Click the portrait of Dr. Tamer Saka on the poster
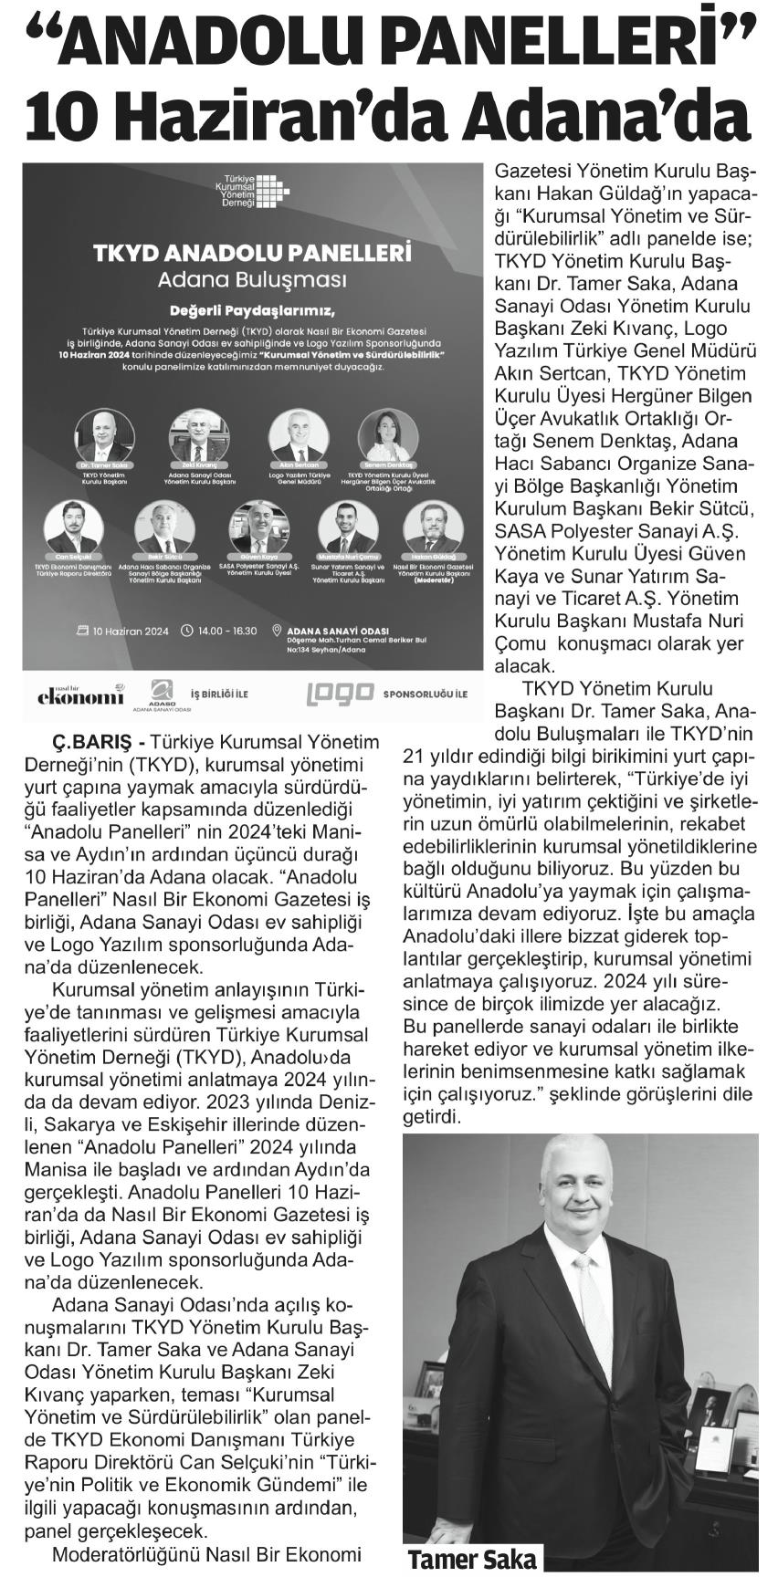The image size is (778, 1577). coord(101,435)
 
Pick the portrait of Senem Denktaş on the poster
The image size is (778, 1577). coord(384,435)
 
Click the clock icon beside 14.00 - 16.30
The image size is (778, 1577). coord(188,630)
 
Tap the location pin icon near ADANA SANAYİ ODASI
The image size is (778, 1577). coord(279,631)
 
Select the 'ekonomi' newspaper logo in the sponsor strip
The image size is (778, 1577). coord(80,695)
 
